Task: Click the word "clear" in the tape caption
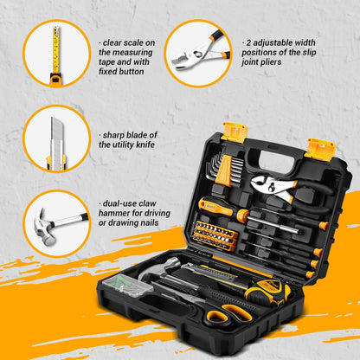pyautogui.click(x=114, y=40)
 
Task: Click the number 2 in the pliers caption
pyautogui.click(x=249, y=40)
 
